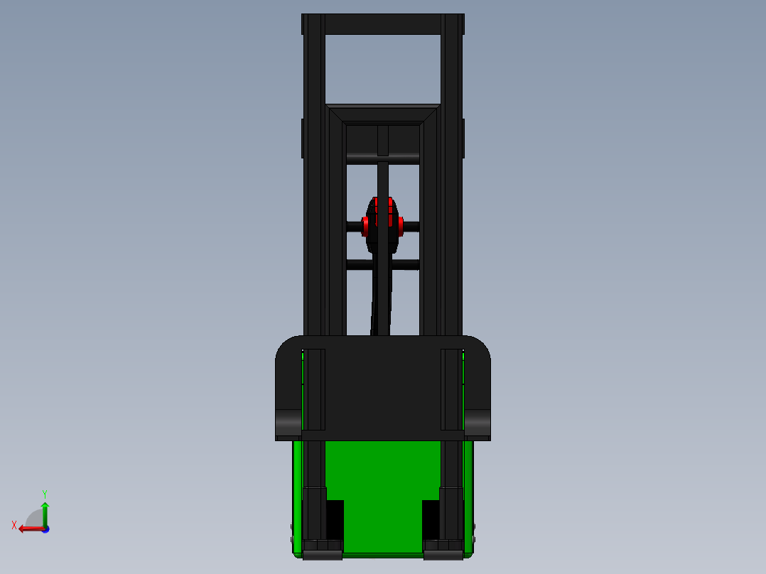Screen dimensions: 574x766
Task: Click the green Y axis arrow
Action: click(x=45, y=513)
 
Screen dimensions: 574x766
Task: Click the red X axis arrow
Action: click(x=28, y=529)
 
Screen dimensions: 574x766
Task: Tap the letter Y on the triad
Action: click(x=44, y=493)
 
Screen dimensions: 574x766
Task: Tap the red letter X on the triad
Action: click(x=14, y=525)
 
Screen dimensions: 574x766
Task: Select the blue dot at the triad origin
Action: click(x=45, y=529)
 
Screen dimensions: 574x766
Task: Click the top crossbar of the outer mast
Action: click(x=383, y=24)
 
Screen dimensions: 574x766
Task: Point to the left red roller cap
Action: click(x=365, y=227)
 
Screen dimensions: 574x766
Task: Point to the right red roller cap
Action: click(x=401, y=227)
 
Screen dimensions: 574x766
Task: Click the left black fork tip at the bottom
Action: click(x=322, y=550)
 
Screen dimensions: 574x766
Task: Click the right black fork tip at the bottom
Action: click(x=444, y=550)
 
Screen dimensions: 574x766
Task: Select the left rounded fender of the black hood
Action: click(x=288, y=423)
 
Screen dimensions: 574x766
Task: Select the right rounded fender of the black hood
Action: click(x=478, y=423)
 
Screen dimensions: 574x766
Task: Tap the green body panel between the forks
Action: click(x=383, y=490)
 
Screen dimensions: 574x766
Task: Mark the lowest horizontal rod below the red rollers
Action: click(x=383, y=264)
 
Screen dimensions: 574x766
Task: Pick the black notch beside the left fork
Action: click(x=335, y=519)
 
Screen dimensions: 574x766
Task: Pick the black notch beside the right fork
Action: click(x=431, y=519)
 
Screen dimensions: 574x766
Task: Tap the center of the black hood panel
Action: click(x=383, y=387)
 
